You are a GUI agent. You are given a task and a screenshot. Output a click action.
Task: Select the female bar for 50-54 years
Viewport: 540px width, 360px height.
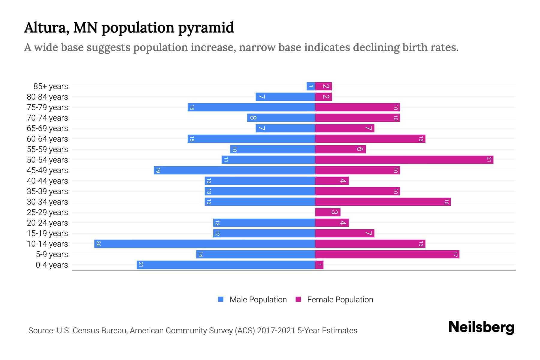(x=404, y=160)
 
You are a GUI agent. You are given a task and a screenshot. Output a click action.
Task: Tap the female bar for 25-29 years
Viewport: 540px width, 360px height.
(x=328, y=212)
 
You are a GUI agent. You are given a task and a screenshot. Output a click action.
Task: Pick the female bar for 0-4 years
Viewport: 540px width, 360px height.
(x=319, y=265)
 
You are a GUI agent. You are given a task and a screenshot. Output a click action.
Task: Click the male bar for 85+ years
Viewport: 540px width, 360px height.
(x=311, y=86)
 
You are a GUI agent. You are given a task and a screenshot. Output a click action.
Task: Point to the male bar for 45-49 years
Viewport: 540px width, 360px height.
(x=234, y=170)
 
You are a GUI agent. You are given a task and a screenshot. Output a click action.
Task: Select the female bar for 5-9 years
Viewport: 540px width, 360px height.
(x=387, y=254)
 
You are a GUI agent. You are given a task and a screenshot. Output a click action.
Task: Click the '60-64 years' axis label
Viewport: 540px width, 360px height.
(x=47, y=139)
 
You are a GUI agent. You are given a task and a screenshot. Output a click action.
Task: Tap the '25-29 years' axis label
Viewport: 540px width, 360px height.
(x=47, y=212)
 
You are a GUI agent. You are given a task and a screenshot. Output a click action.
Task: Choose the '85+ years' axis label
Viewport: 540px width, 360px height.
(x=51, y=86)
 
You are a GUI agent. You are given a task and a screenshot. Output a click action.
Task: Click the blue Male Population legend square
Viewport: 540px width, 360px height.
(x=221, y=299)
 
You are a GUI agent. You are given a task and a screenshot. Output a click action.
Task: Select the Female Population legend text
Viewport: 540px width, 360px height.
(x=340, y=299)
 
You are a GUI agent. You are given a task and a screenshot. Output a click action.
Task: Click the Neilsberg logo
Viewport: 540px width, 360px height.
(x=481, y=327)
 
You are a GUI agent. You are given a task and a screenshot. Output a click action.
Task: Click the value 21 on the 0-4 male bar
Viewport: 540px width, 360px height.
(x=141, y=265)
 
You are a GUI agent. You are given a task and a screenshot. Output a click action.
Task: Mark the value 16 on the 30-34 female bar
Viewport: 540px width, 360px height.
(x=446, y=202)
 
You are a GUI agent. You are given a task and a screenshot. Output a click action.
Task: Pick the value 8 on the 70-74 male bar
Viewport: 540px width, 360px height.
(x=253, y=118)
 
